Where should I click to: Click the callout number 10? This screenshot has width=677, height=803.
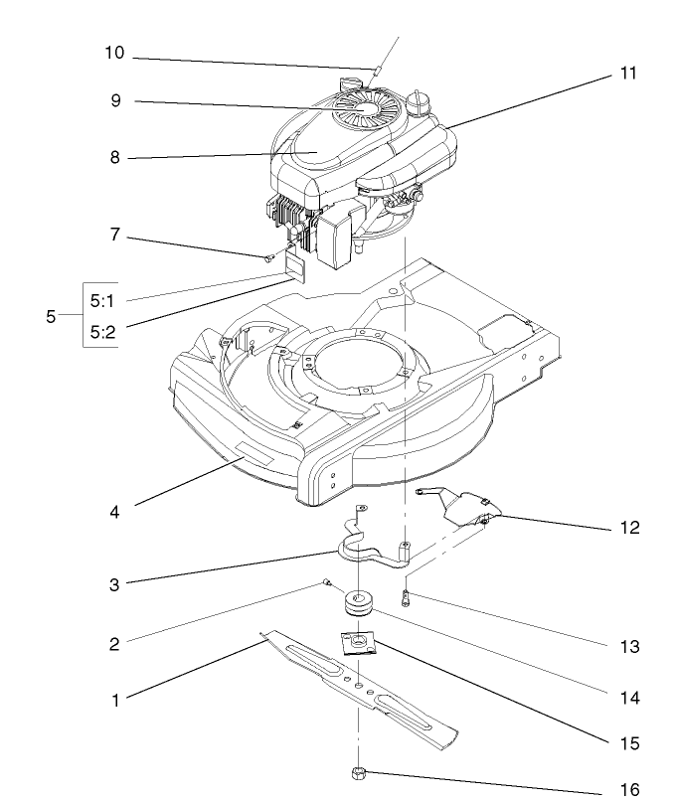click(x=114, y=53)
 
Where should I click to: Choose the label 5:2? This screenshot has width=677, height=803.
click(x=103, y=333)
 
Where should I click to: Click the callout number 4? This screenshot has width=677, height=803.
click(x=115, y=514)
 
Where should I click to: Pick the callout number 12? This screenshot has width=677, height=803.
click(x=628, y=528)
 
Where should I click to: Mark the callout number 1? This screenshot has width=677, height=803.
click(x=115, y=700)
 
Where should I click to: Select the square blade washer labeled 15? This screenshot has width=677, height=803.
click(x=355, y=644)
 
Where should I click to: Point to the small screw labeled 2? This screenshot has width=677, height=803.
click(x=326, y=583)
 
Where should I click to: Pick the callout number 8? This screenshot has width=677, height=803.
click(x=115, y=157)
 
